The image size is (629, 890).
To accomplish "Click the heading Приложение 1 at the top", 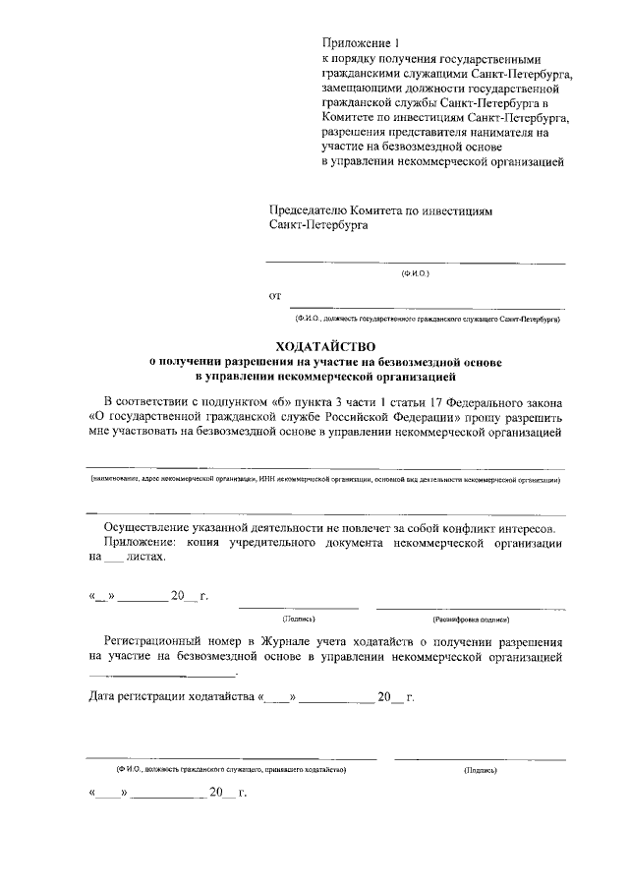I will click(x=363, y=42).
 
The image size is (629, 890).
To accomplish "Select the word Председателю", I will click(x=312, y=209).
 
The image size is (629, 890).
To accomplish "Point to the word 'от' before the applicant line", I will click(x=275, y=295).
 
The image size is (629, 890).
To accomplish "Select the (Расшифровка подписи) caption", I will click(x=470, y=620).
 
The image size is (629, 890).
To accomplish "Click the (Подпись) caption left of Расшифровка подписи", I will click(x=297, y=620).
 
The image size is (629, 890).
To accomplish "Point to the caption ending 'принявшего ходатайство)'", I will click(x=230, y=769).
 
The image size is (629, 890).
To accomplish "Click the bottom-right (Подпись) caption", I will click(x=479, y=769).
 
